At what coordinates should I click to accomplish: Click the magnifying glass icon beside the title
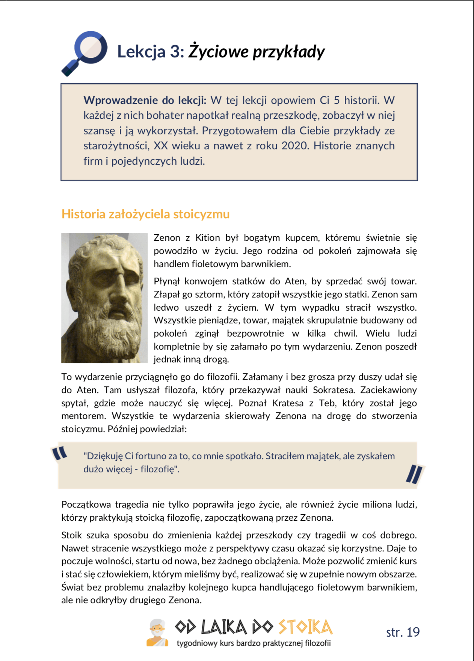pyautogui.click(x=85, y=53)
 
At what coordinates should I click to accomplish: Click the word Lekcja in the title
pyautogui.click(x=141, y=51)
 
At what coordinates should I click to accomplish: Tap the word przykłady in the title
pyautogui.click(x=288, y=52)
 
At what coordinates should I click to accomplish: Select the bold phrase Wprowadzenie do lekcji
pyautogui.click(x=145, y=100)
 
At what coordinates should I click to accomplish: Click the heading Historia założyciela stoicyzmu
pyautogui.click(x=145, y=214)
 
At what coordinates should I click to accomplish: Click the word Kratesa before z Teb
pyautogui.click(x=288, y=403)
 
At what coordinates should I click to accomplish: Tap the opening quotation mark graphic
pyautogui.click(x=60, y=453)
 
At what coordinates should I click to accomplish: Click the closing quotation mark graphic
pyautogui.click(x=414, y=474)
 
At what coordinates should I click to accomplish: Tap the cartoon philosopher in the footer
pyautogui.click(x=157, y=633)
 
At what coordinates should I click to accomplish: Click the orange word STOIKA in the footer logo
pyautogui.click(x=305, y=627)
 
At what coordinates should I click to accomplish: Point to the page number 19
pyautogui.click(x=413, y=632)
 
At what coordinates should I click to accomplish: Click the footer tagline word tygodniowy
pyautogui.click(x=197, y=643)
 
